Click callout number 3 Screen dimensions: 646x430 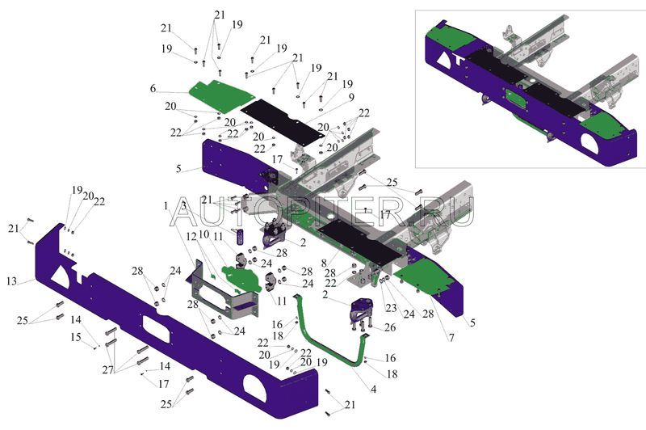(184, 207)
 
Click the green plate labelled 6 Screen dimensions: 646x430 (218, 95)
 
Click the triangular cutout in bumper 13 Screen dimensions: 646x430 (60, 275)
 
